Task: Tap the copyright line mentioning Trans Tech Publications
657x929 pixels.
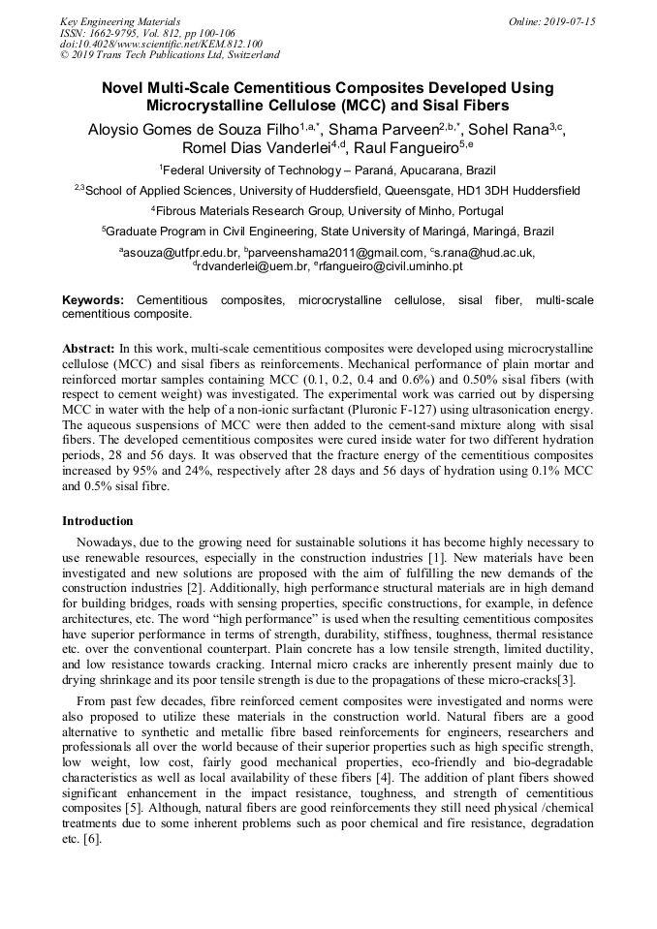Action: [170, 55]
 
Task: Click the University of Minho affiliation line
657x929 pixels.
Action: [328, 210]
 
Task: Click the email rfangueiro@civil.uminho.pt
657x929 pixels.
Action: [390, 265]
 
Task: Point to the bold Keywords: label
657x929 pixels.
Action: [93, 301]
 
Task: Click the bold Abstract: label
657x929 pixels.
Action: [88, 346]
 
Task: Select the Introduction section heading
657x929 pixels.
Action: [98, 521]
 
